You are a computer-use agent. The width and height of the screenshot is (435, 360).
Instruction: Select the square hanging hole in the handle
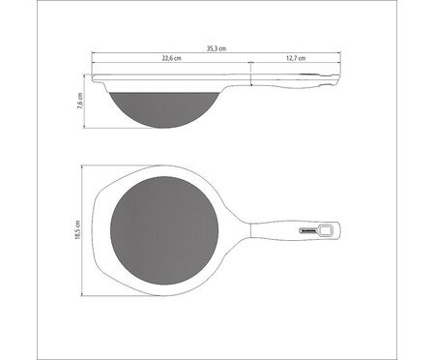coord(328,231)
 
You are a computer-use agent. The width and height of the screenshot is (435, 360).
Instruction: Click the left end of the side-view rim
coord(96,75)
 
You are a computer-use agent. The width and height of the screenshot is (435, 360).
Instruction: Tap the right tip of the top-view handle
coord(340,231)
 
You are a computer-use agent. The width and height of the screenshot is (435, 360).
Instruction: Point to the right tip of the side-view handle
coord(340,77)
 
